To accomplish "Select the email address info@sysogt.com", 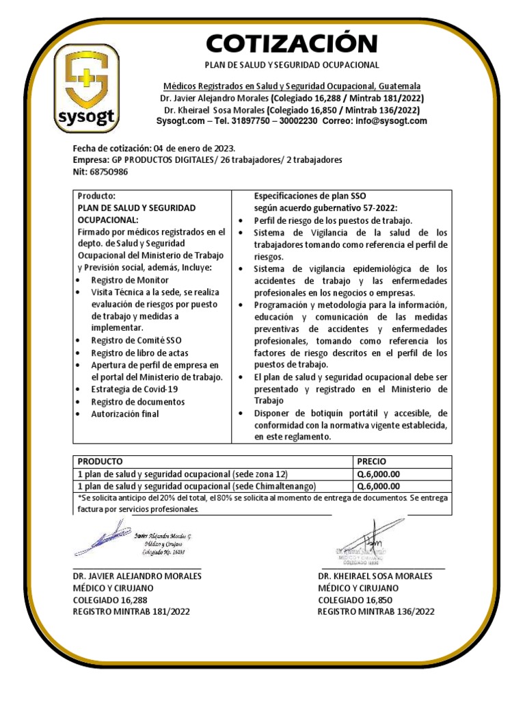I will point(390,121).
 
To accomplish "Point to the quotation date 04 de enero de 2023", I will point(194,148).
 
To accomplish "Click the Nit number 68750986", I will point(109,171).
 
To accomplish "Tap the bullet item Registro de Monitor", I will point(129,279).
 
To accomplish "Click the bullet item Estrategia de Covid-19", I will point(133,389).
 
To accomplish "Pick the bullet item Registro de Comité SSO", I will point(136,340).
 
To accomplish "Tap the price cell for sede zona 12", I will point(378,474).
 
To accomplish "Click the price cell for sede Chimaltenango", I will point(378,486).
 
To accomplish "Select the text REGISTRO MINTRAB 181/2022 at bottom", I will point(131,612).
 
